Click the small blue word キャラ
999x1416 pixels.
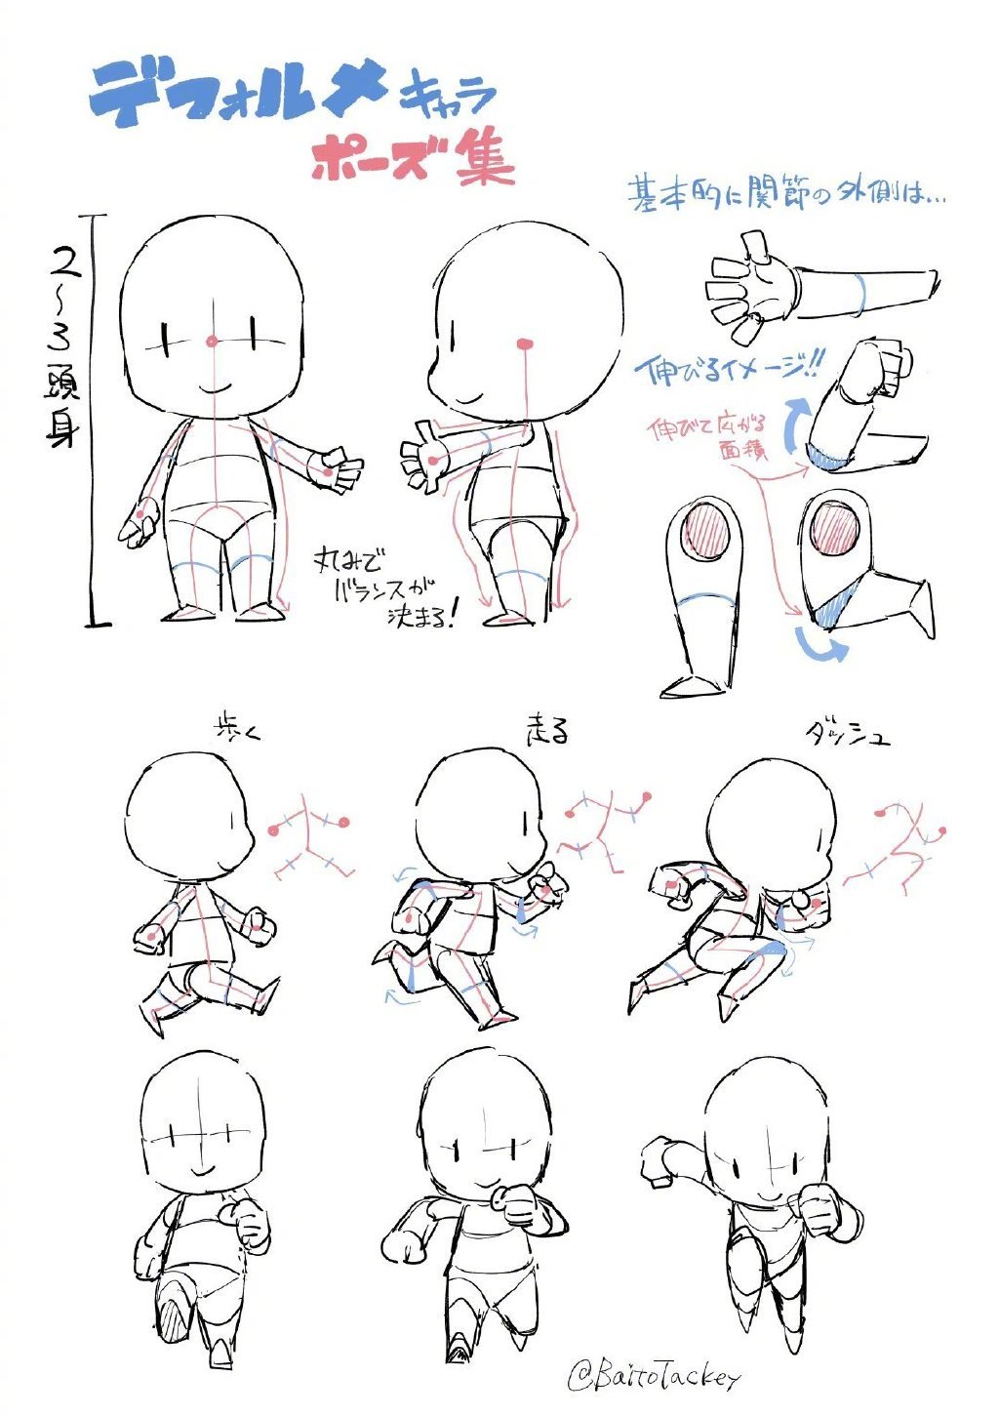point(447,96)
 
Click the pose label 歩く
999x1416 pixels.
point(237,730)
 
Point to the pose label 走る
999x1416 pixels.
point(547,730)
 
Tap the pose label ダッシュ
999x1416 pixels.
point(846,733)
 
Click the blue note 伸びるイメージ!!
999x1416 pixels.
point(727,369)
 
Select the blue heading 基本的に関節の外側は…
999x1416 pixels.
point(785,193)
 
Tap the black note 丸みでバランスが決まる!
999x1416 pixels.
point(385,588)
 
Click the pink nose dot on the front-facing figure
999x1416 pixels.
point(212,342)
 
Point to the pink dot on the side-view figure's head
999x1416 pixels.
point(525,343)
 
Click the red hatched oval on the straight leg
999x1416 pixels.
point(703,532)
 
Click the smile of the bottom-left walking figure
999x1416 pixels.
point(202,1167)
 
